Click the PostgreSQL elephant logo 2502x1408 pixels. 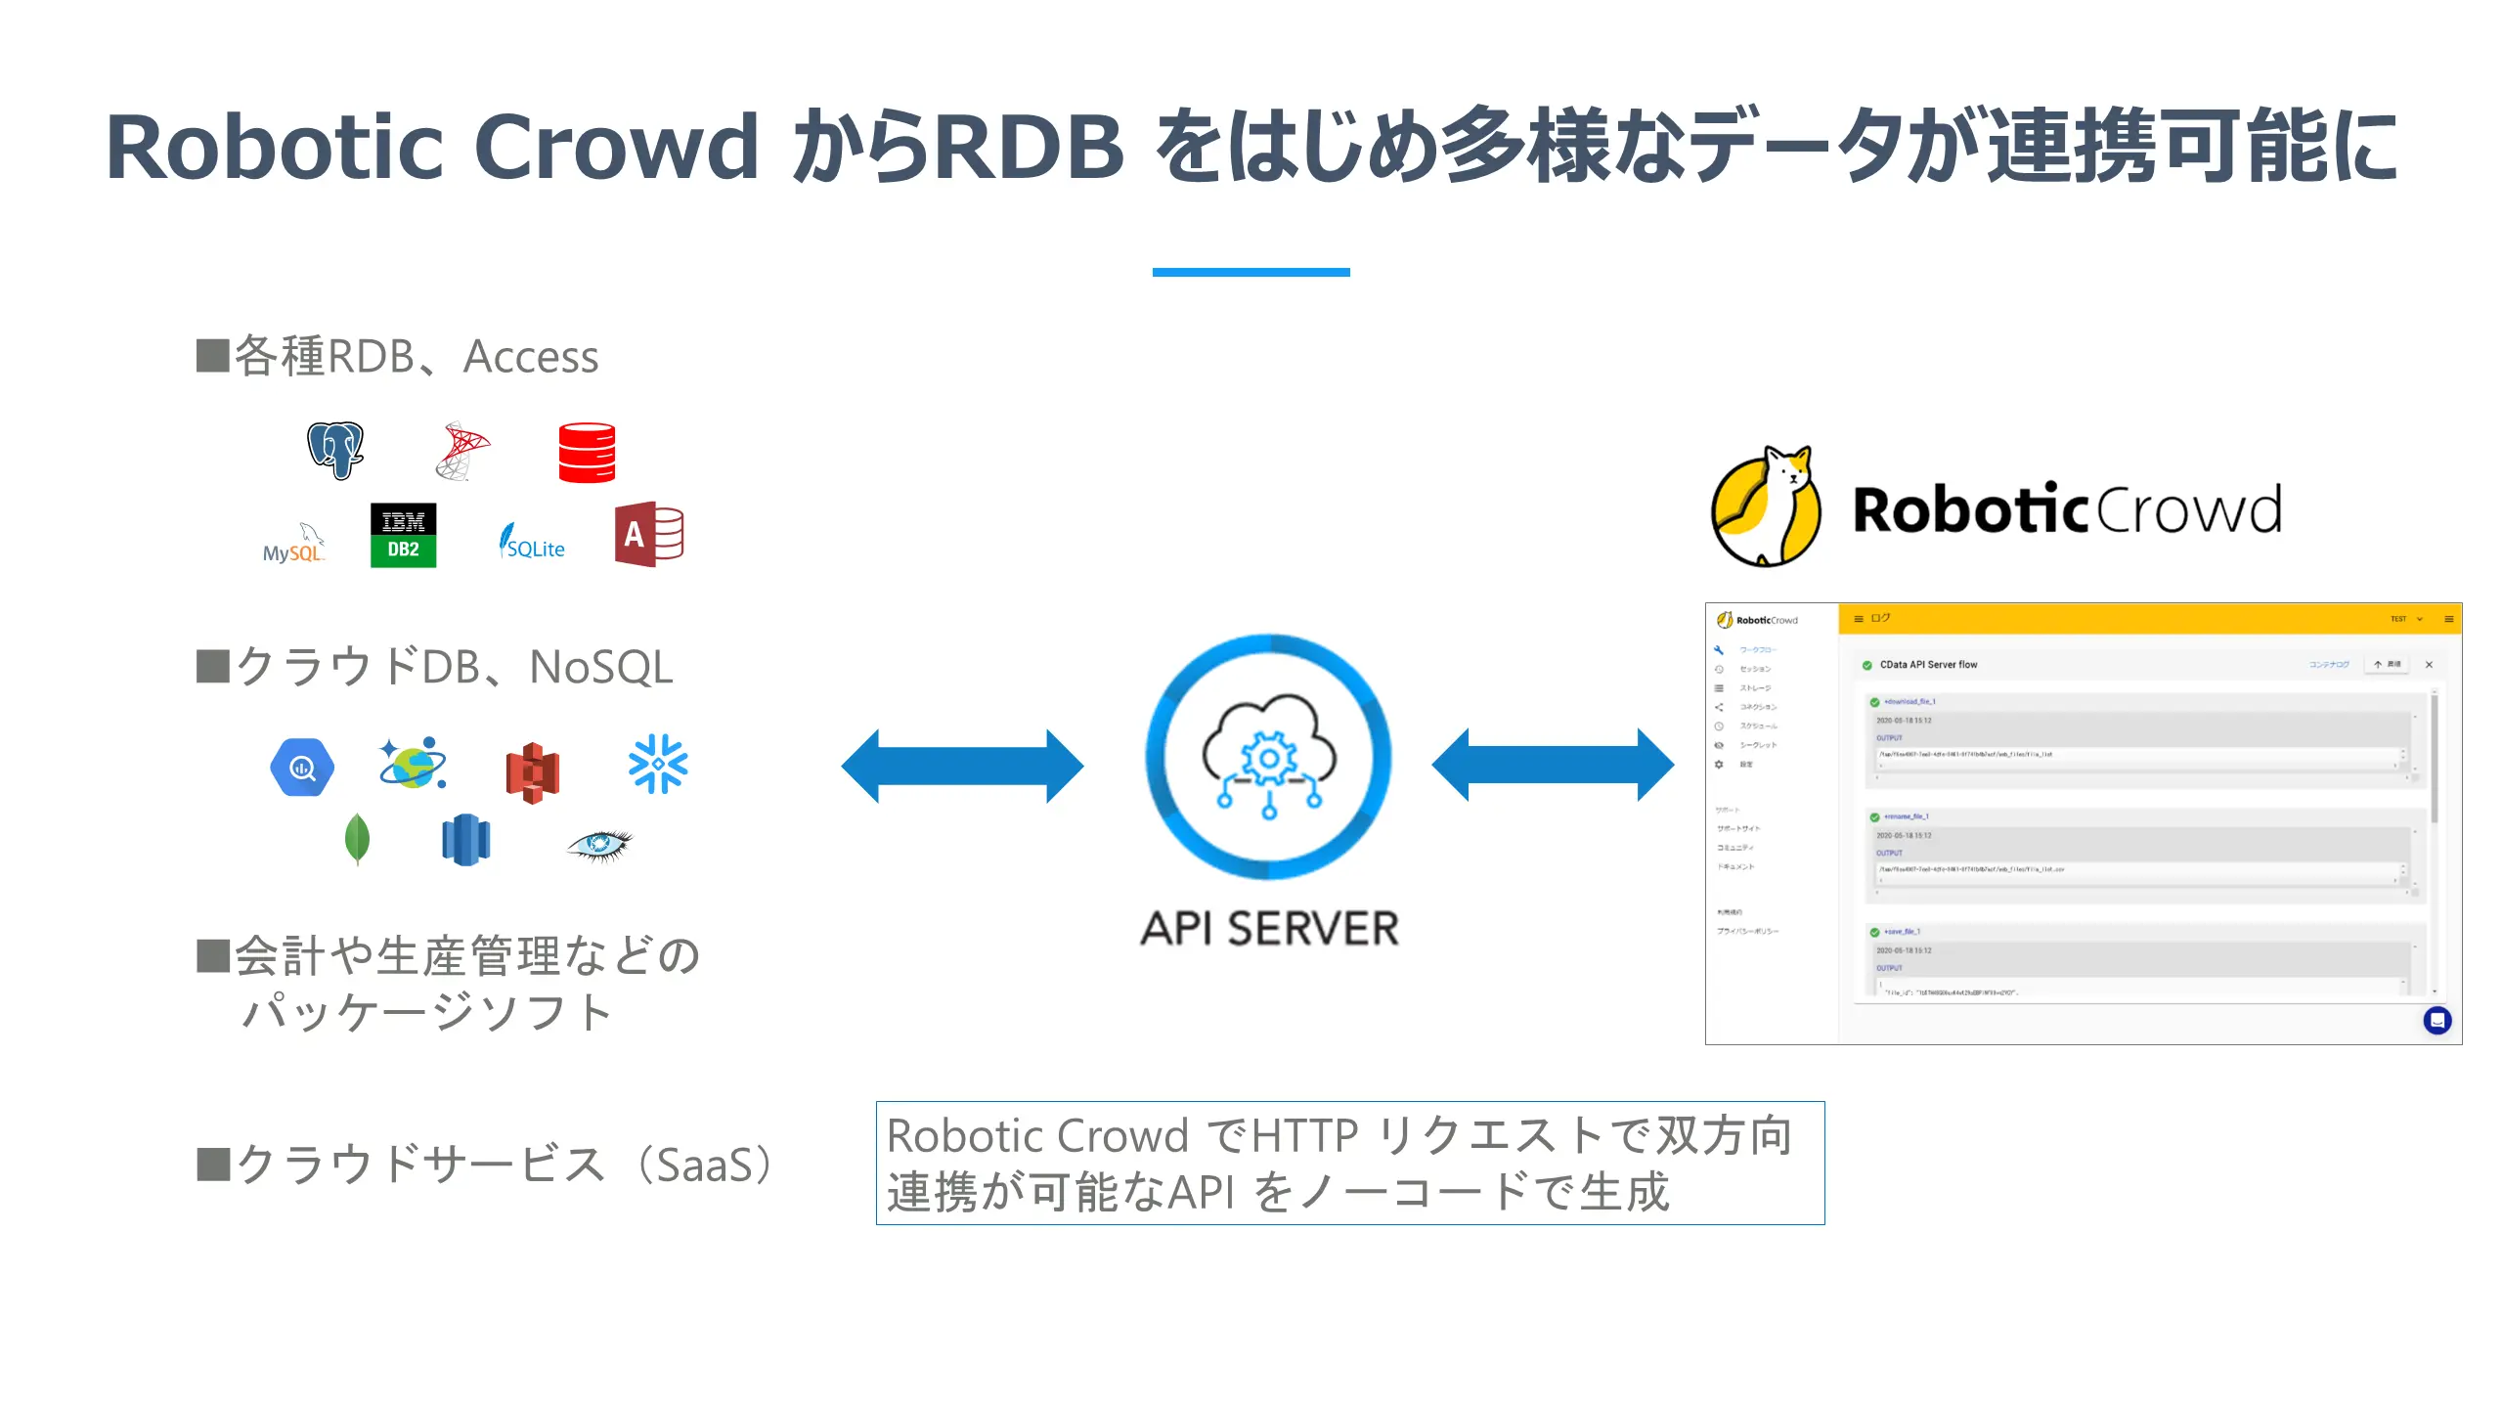pos(335,450)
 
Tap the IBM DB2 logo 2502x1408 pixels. pos(403,535)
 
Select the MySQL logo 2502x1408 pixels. pos(293,544)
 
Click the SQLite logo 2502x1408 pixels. pos(532,542)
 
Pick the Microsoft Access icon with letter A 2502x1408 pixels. pos(648,535)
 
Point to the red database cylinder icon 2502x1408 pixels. pos(587,452)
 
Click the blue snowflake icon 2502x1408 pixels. pos(658,764)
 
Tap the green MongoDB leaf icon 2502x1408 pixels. pos(357,839)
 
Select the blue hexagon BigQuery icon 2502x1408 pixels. pos(302,768)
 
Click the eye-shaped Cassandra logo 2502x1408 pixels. pos(599,844)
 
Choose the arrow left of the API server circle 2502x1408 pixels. pos(962,766)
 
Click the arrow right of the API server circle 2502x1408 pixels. pos(1553,765)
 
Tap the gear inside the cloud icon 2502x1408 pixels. pos(1269,759)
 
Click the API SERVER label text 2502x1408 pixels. pos(1269,929)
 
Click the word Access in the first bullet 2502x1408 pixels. pos(531,357)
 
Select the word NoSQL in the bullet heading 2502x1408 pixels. pos(600,668)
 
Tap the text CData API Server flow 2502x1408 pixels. pos(1928,665)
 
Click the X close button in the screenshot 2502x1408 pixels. pos(2429,665)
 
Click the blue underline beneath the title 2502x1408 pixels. pos(1251,272)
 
